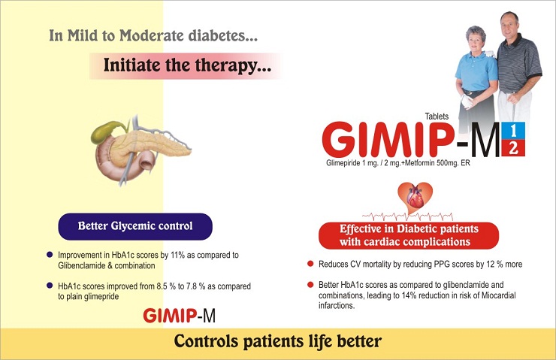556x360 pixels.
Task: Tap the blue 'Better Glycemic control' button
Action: coord(135,226)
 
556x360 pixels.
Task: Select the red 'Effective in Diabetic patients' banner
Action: coord(409,235)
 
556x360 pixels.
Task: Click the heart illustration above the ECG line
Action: coord(415,197)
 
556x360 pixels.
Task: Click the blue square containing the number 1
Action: coord(513,131)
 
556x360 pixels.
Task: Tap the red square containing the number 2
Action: coord(513,148)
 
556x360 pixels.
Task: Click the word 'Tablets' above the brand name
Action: coord(437,116)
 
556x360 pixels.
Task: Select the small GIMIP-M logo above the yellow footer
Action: coord(179,316)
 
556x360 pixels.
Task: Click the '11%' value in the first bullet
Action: coord(177,255)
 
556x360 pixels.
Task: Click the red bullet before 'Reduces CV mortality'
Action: coord(310,264)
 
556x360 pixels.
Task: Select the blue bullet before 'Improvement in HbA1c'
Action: coord(50,255)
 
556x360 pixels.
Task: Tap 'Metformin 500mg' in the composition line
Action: coord(431,163)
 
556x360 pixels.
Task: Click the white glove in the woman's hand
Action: coord(467,101)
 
